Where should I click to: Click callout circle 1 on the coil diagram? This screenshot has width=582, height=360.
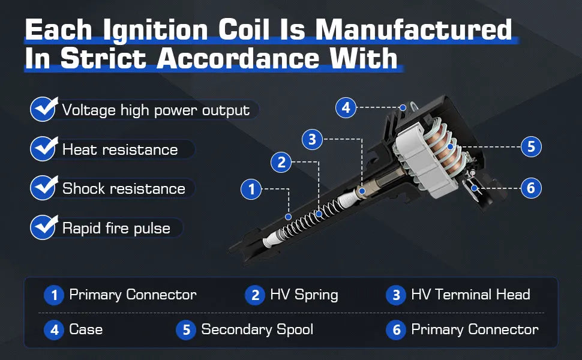[x=251, y=189]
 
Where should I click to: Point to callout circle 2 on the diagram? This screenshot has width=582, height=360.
[x=281, y=162]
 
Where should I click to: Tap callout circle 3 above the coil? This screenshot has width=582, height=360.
[x=312, y=139]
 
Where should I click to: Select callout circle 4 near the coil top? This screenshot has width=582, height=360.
[x=346, y=107]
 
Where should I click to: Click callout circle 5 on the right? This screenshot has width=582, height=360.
[x=531, y=146]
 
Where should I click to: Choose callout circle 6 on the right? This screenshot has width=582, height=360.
[x=531, y=188]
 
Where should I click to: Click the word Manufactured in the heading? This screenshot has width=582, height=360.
[x=413, y=29]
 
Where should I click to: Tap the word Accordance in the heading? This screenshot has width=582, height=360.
[x=238, y=59]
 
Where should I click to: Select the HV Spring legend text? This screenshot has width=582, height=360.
[x=304, y=295]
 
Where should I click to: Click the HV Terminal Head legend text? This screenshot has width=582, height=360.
[x=470, y=295]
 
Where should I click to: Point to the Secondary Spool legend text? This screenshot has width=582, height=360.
[x=257, y=329]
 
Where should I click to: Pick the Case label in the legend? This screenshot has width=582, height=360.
[x=86, y=329]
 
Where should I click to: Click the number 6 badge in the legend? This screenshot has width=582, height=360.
[x=396, y=330]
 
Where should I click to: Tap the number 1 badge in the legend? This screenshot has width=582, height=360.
[x=54, y=295]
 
